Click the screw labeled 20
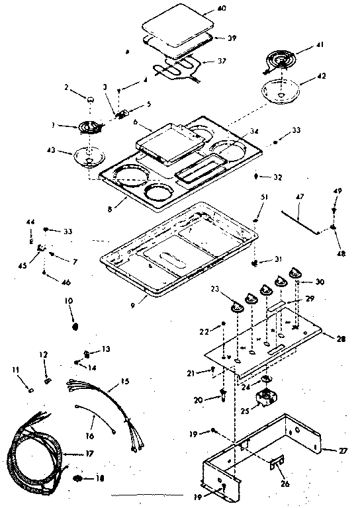[x=223, y=396]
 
